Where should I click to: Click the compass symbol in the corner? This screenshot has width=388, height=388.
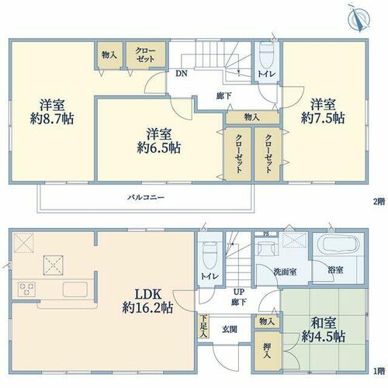359,18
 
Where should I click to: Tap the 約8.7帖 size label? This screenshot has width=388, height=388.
52,119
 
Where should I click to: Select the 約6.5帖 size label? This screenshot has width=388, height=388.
158,148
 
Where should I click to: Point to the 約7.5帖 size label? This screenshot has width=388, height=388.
323,119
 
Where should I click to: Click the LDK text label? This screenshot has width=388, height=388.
148,294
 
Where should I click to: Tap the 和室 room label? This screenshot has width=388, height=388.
324,323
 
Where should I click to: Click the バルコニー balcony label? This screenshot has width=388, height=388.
146,198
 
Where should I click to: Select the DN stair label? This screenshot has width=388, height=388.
182,74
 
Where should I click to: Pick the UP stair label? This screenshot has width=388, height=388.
239,292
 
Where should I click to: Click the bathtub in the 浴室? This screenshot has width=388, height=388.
341,244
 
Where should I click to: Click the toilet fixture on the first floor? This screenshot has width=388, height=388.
210,256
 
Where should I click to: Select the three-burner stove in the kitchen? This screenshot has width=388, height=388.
26,289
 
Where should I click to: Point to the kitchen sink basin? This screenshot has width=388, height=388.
75,289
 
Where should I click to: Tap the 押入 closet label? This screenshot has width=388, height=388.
267,351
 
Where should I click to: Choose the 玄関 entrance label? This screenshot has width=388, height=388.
229,329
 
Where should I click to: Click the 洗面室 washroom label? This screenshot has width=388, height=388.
285,272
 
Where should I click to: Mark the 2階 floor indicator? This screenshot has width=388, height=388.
379,201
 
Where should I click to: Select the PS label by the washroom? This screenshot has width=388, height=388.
265,234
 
